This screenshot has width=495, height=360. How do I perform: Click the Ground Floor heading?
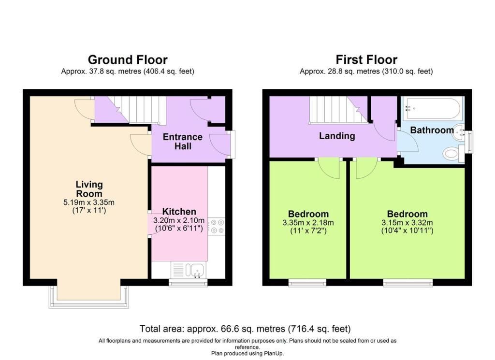[x=128, y=59]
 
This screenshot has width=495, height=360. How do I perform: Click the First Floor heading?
[x=366, y=59]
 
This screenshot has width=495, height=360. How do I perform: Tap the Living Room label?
[x=89, y=189]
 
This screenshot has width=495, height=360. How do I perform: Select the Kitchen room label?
[x=179, y=211]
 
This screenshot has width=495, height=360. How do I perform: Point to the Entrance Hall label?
[x=182, y=142]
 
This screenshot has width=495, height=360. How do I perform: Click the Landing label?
[x=337, y=136]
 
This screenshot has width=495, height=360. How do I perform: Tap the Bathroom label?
[x=432, y=130]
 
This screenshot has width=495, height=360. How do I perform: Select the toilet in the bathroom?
[x=453, y=154]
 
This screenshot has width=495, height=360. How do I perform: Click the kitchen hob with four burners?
[x=217, y=226]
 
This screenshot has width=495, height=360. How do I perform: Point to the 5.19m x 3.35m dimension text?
[x=89, y=202]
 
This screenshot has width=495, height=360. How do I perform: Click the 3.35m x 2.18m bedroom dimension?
[x=308, y=222]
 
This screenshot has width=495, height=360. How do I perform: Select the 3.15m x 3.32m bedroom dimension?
[x=407, y=222]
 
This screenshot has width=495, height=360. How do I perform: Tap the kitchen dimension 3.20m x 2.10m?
[x=179, y=220]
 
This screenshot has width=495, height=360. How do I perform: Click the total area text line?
[x=245, y=329]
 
